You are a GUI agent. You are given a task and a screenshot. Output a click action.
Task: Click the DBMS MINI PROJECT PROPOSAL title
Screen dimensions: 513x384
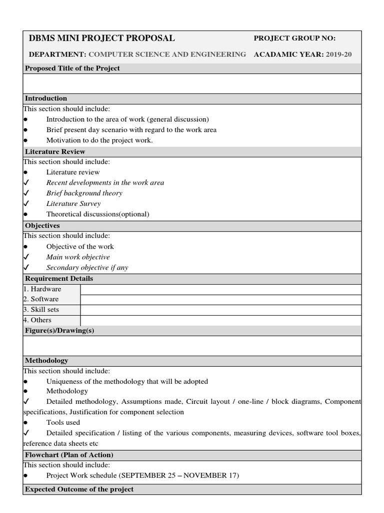(x=102, y=38)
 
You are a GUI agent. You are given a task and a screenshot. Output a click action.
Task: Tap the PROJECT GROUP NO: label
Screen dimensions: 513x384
(x=294, y=38)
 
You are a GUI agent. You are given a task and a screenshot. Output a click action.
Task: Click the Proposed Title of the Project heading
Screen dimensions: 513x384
(x=72, y=68)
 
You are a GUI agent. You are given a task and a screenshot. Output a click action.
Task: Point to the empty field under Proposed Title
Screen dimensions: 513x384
(x=192, y=83)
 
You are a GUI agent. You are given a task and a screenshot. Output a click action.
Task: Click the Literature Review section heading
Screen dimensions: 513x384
(x=55, y=151)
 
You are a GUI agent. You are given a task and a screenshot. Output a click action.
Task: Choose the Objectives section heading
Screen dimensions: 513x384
(x=42, y=225)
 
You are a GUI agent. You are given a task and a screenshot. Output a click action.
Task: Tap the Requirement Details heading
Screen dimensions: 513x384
(x=59, y=279)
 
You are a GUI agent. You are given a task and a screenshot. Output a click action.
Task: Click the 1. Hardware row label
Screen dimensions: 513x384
(x=42, y=289)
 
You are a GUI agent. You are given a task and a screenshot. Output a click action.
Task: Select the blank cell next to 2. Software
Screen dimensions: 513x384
(x=220, y=300)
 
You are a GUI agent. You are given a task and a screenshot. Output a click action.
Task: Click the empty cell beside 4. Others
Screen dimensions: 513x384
(x=220, y=320)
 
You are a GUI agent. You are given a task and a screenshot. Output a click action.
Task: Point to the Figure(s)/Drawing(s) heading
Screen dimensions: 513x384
(x=59, y=331)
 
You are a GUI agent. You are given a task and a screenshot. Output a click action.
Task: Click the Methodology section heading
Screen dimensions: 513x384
(x=46, y=361)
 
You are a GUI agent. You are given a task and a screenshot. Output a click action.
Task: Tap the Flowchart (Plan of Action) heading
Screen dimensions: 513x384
(x=69, y=455)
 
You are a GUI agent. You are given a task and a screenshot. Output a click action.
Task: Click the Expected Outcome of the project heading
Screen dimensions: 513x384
(x=79, y=489)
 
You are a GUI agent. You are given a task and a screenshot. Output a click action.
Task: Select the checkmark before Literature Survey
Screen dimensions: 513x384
(x=26, y=203)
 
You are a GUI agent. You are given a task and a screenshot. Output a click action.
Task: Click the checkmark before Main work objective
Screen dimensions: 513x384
(x=26, y=257)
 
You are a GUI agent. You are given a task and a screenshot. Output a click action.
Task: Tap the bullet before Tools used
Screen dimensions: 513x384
(x=25, y=423)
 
